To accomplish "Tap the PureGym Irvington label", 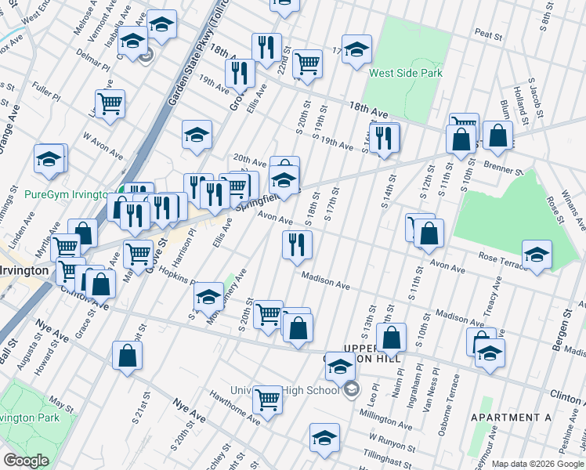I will [66, 194].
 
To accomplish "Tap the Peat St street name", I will [488, 34].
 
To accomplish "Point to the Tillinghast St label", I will [388, 458].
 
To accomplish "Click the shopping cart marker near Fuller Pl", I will [110, 103].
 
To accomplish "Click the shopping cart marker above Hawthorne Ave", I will [268, 399].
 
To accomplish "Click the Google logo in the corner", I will [26, 461].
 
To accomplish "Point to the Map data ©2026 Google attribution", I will [537, 463].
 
